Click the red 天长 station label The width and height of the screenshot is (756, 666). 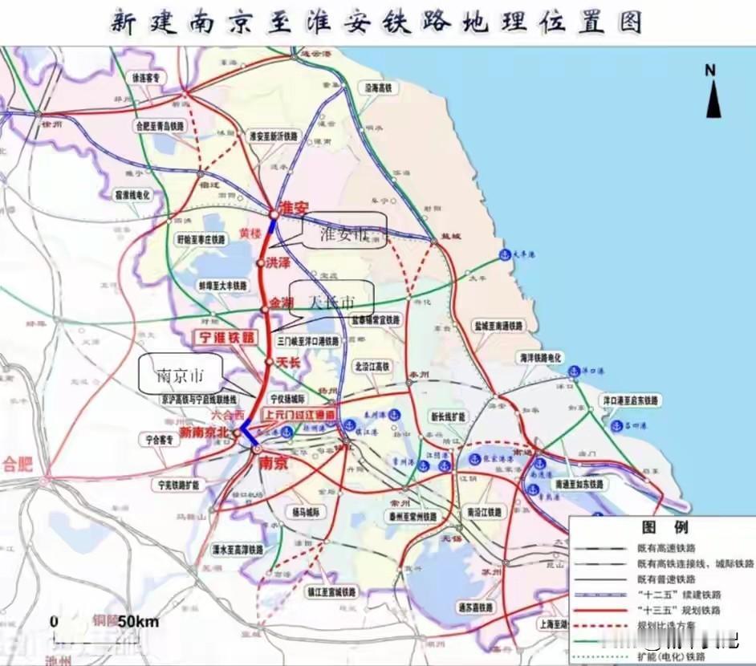click(x=288, y=362)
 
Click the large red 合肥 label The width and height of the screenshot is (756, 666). click(x=18, y=464)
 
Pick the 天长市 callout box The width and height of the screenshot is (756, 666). click(x=331, y=302)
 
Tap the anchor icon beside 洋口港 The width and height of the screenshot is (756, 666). click(x=575, y=370)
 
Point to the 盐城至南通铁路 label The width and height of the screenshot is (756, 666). click(x=498, y=327)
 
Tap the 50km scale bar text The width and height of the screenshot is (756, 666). click(x=138, y=621)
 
